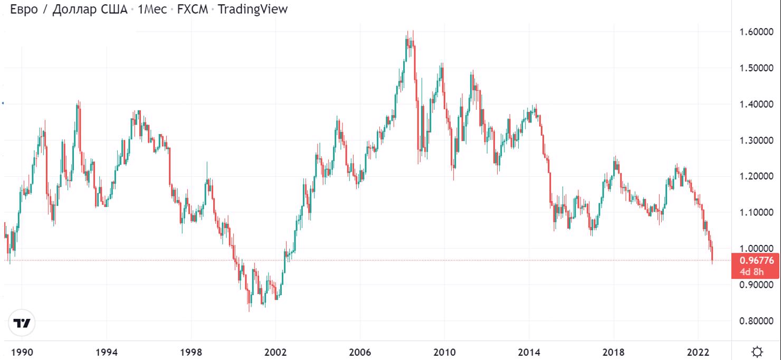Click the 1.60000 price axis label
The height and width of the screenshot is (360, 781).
tap(756, 32)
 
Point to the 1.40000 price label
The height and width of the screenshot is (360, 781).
tap(756, 105)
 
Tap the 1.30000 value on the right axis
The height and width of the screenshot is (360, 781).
tap(756, 140)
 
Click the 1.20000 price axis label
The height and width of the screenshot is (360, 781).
tap(756, 176)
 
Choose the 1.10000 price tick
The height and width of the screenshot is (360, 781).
tap(756, 212)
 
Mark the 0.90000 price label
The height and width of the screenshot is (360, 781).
tap(756, 285)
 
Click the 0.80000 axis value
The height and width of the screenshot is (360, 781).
tap(756, 321)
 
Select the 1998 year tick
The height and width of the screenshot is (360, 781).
tap(191, 352)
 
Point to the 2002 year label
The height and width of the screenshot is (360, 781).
tap(275, 352)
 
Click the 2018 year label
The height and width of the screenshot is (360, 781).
tap(614, 352)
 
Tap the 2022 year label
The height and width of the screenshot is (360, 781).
tap(698, 352)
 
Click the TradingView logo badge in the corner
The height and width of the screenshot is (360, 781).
tap(22, 323)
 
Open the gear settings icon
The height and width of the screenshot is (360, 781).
tap(758, 352)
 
